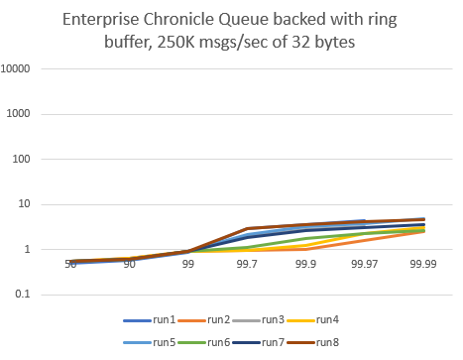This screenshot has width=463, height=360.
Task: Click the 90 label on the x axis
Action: click(129, 265)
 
